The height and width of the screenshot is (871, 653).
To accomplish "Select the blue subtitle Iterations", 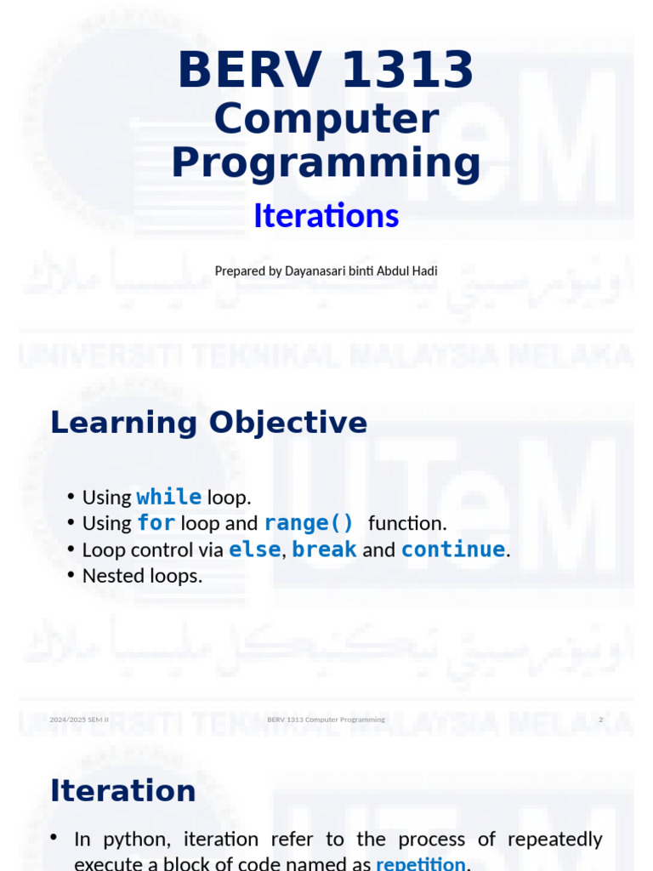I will [x=326, y=216].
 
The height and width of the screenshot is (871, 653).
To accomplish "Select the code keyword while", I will [x=168, y=497].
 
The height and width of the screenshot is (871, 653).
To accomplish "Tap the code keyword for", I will [x=156, y=523].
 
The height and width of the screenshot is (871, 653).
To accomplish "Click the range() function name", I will [x=309, y=523].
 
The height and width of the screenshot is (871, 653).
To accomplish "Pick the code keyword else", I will [x=254, y=549].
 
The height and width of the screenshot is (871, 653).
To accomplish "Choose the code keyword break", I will [x=324, y=549].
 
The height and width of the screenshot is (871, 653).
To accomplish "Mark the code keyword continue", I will [x=453, y=549].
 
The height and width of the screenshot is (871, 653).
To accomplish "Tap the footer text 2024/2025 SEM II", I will [x=79, y=720].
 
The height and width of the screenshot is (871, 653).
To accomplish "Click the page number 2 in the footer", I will [x=600, y=720].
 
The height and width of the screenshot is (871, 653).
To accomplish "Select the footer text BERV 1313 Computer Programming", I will [x=326, y=720].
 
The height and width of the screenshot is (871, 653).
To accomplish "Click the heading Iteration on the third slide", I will [x=123, y=791].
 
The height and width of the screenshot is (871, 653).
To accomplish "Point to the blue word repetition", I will [x=420, y=864].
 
